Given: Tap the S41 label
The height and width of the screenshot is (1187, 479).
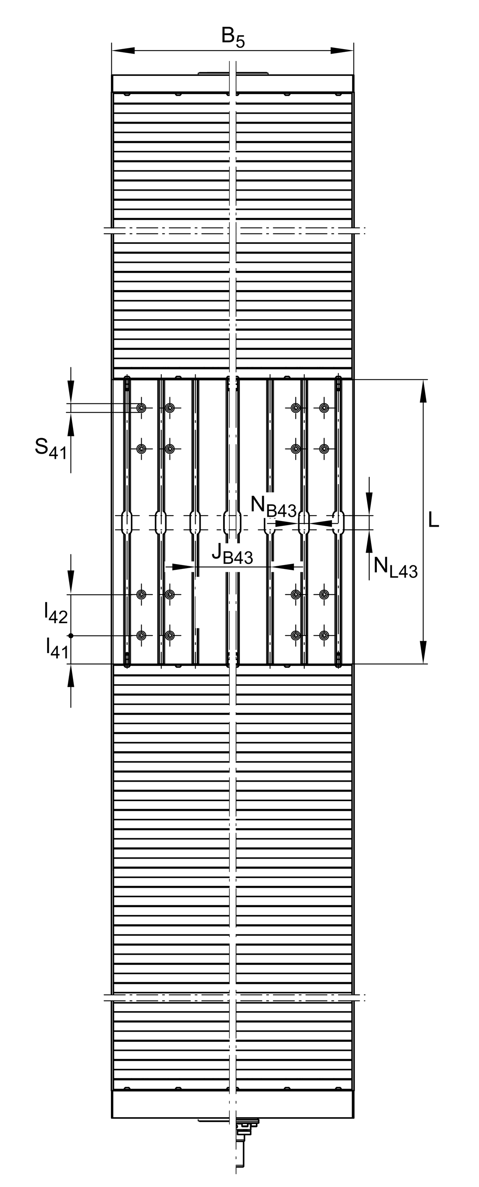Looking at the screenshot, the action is [51, 448].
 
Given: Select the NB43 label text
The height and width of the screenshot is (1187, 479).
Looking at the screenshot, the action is [273, 506].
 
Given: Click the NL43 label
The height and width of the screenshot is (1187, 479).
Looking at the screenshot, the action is [396, 567].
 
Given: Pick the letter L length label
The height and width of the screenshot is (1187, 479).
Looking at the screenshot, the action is [433, 520].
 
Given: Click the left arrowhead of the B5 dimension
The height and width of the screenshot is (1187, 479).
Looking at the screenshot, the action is [123, 51].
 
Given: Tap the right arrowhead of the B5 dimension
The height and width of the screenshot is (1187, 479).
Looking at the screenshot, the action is [342, 51].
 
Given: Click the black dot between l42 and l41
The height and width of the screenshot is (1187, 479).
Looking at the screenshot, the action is [71, 636].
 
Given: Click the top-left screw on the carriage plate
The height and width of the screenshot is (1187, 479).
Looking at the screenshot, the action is [141, 408].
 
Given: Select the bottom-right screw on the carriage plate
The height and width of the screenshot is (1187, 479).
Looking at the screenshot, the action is [325, 636].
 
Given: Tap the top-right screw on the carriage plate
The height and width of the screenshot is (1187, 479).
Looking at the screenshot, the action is [325, 408].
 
